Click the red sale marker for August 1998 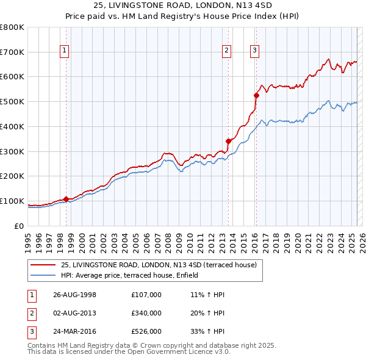coord(66,199)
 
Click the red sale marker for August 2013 coord(228,141)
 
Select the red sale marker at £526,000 coord(257,95)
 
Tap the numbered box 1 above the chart coord(65,51)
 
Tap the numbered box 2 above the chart coord(226,51)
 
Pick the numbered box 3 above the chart coord(254,51)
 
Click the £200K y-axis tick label coord(12,176)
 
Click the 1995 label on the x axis coord(28,237)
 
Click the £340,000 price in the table coord(146,313)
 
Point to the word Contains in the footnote coord(42,345)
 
